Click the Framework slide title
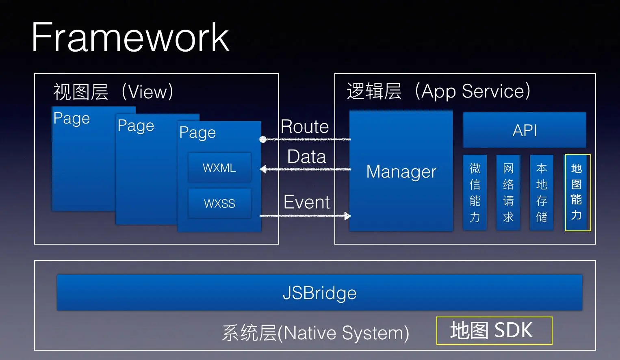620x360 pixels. pyautogui.click(x=130, y=37)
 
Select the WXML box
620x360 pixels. pyautogui.click(x=219, y=167)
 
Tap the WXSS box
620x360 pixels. pyautogui.click(x=219, y=203)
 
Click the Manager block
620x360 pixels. pyautogui.click(x=401, y=171)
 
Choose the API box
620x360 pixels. pyautogui.click(x=525, y=130)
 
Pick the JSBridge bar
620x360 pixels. pyautogui.click(x=319, y=293)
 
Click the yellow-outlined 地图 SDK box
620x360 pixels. pyautogui.click(x=494, y=330)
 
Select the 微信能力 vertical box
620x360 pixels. pyautogui.click(x=475, y=193)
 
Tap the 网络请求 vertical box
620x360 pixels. pyautogui.click(x=508, y=193)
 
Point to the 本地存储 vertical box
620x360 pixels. pyautogui.click(x=542, y=193)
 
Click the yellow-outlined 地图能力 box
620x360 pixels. pyautogui.click(x=577, y=193)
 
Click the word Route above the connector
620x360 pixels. pyautogui.click(x=305, y=127)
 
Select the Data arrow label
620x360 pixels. pyautogui.click(x=306, y=157)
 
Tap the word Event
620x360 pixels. pyautogui.click(x=306, y=202)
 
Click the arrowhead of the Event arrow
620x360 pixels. pyautogui.click(x=347, y=216)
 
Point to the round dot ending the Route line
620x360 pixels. pyautogui.click(x=263, y=139)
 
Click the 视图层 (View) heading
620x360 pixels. pyautogui.click(x=113, y=92)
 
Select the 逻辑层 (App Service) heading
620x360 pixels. pyautogui.click(x=438, y=91)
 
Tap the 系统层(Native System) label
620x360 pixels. pyautogui.click(x=315, y=333)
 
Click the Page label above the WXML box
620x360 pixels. pyautogui.click(x=197, y=132)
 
